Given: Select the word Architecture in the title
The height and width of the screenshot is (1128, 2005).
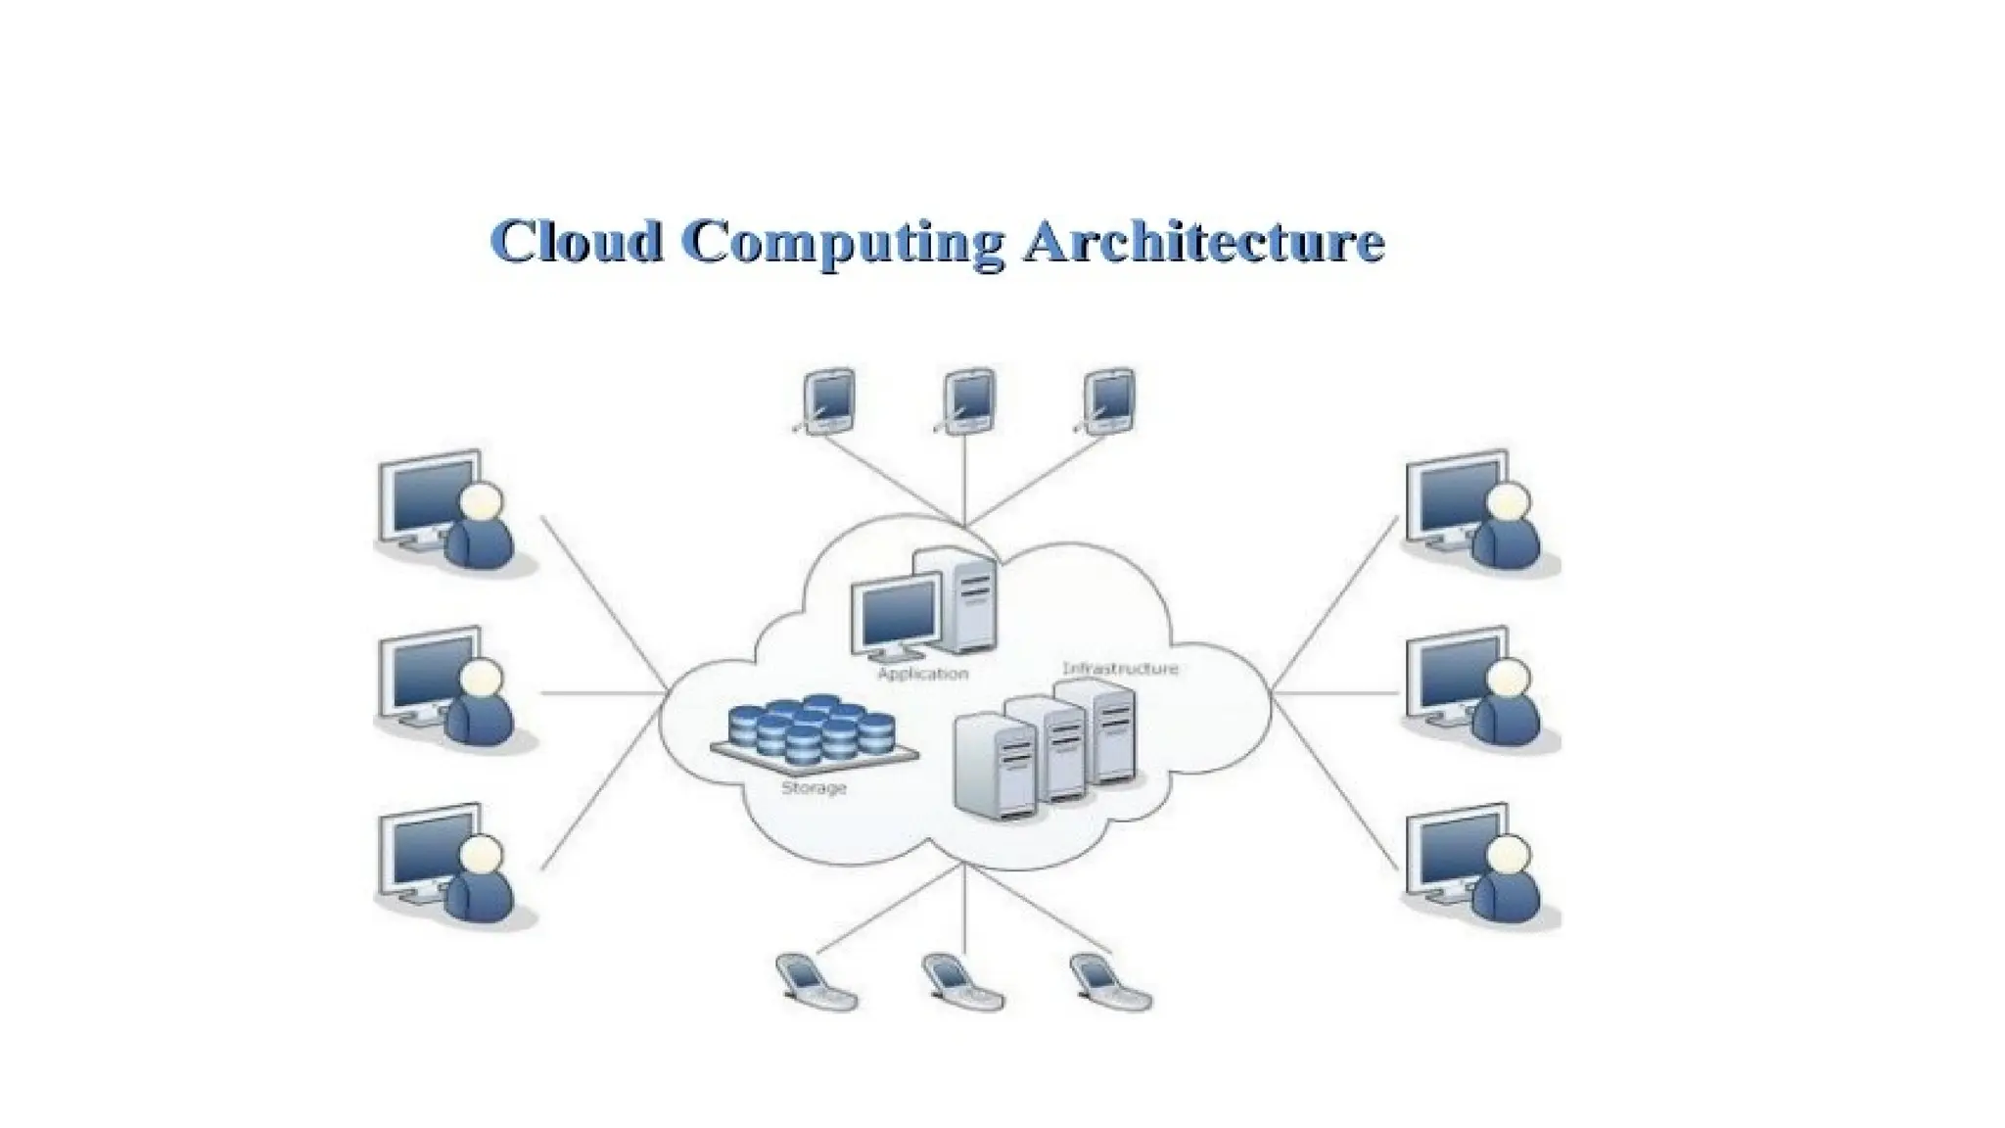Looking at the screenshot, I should (x=1203, y=241).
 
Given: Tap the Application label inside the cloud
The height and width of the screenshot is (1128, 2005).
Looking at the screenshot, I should (x=922, y=674).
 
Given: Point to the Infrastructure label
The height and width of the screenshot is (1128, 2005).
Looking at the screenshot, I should (x=1120, y=669).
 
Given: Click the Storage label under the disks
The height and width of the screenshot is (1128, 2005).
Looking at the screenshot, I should (x=814, y=787).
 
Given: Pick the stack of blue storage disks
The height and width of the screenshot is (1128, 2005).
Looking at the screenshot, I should (x=813, y=729).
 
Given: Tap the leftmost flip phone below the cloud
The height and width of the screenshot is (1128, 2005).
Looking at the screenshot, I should (x=815, y=981).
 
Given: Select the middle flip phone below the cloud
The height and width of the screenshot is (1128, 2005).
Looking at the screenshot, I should (x=961, y=981).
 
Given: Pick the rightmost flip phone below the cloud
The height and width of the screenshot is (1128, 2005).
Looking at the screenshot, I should (x=1109, y=981).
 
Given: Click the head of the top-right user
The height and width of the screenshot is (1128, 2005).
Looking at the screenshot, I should (x=1509, y=502).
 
